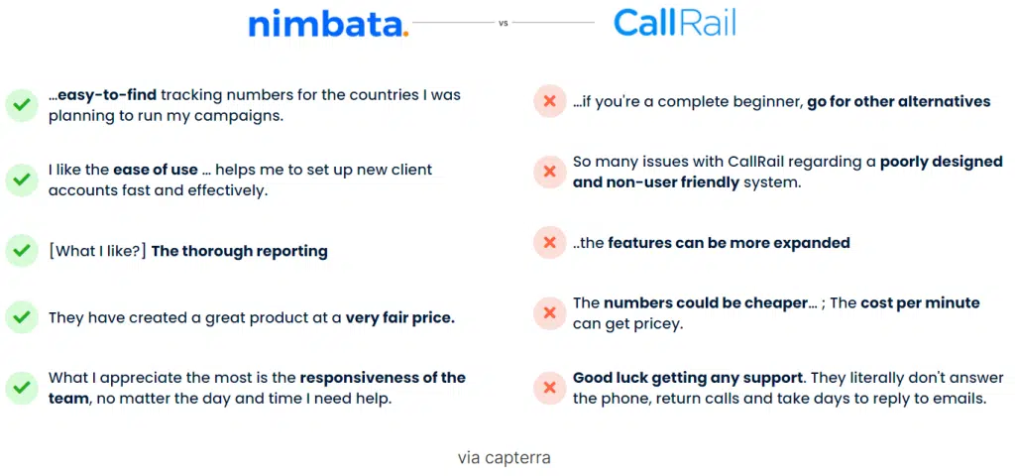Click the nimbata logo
(x=329, y=25)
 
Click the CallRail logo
(x=674, y=24)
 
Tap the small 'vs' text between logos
(x=503, y=23)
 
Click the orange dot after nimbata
(x=405, y=34)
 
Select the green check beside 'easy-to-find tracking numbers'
(x=22, y=105)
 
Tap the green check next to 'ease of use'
(x=22, y=180)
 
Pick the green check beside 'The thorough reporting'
(x=22, y=250)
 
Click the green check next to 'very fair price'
(x=22, y=317)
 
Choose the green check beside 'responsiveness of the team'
(x=22, y=388)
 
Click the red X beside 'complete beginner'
(x=549, y=101)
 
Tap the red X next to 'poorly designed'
(x=549, y=172)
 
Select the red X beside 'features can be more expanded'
(x=549, y=242)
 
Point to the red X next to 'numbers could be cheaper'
(x=549, y=312)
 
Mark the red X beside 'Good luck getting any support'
(x=549, y=388)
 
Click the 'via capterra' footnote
(x=505, y=458)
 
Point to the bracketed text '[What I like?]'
(x=97, y=251)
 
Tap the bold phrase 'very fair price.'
(x=400, y=318)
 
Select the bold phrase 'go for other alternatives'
(x=898, y=102)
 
